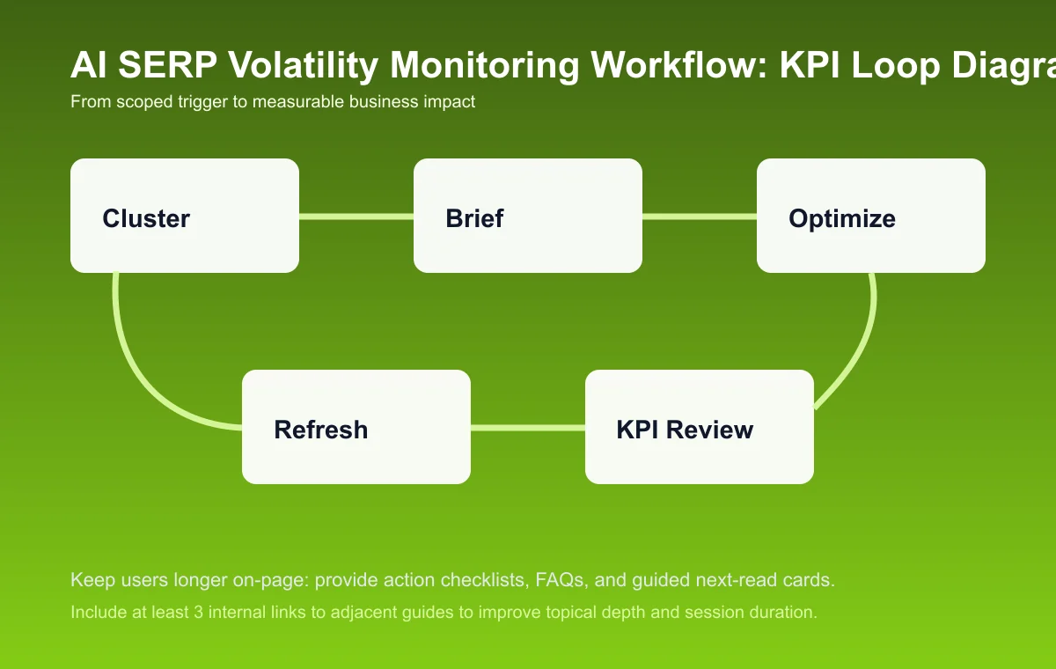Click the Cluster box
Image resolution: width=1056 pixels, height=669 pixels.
(185, 216)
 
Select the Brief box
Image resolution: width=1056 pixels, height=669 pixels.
(528, 216)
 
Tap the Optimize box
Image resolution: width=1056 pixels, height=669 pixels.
(871, 216)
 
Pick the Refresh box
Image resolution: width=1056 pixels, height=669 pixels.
(356, 427)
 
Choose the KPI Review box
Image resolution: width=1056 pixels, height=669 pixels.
(700, 427)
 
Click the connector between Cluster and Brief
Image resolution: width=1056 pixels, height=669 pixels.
(356, 216)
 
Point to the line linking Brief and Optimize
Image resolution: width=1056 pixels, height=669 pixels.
(700, 216)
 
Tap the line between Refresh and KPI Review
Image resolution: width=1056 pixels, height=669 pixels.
(528, 428)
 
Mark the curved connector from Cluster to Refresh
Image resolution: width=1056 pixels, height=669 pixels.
(132, 361)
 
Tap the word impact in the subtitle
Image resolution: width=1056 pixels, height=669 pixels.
(451, 102)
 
